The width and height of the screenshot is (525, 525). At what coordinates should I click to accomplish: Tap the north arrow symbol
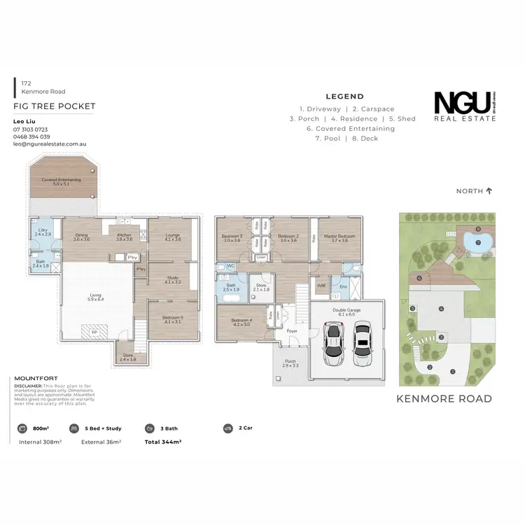pos(489,190)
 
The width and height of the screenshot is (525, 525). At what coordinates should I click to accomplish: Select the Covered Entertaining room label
pos(61,181)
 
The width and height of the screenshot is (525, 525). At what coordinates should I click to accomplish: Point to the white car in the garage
pos(334,343)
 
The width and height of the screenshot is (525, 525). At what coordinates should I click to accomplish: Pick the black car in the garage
pos(361,343)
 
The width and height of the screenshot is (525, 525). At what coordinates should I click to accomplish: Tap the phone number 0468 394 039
pos(31,136)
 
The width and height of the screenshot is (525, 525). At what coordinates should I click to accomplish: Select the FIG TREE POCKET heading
pos(55,106)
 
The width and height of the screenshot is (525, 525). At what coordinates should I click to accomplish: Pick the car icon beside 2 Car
pos(227,428)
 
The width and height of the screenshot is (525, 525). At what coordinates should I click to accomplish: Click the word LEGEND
pos(345,97)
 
